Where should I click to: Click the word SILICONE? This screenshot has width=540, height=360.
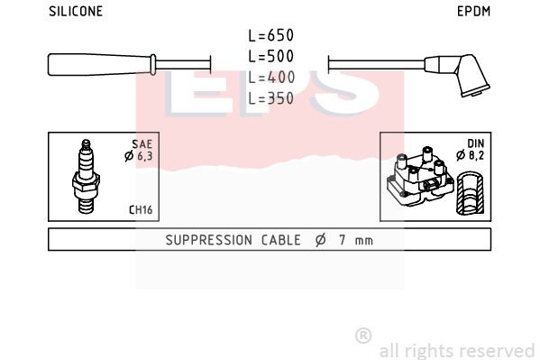(76, 12)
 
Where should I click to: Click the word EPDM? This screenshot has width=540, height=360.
(473, 12)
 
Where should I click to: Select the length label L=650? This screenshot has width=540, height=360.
(271, 35)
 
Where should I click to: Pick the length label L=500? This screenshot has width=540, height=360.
(271, 56)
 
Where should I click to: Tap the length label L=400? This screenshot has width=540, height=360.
(271, 78)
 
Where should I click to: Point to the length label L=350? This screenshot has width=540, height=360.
(271, 98)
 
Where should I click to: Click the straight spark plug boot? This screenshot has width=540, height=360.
(102, 64)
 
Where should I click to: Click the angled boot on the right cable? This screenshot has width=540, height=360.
(458, 74)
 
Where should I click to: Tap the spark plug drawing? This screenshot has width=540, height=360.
(86, 176)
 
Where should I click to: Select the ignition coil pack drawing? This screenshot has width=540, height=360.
(420, 177)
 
